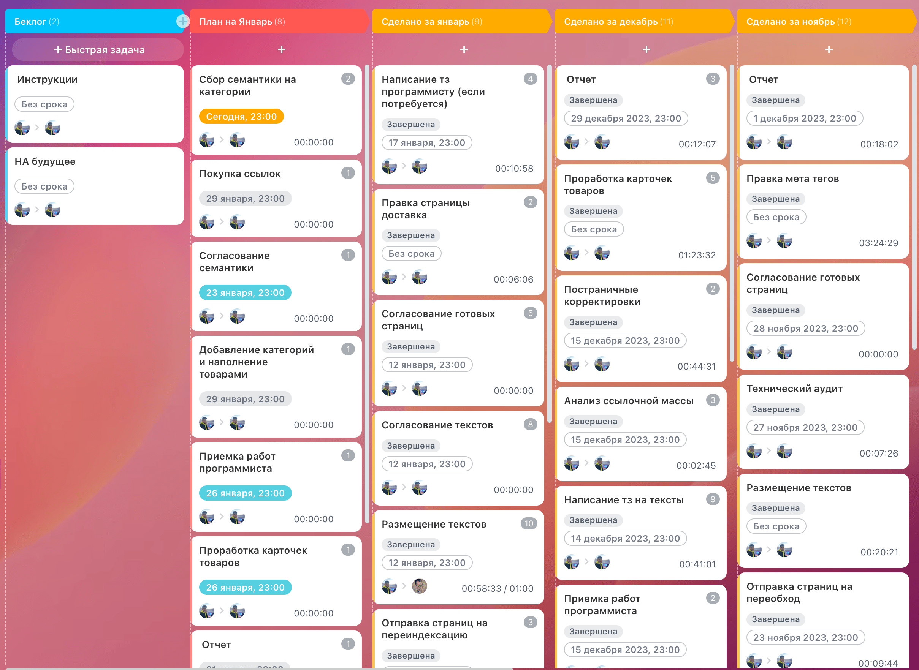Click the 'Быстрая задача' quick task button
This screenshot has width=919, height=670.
coord(98,49)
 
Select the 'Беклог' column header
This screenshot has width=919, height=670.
coord(36,22)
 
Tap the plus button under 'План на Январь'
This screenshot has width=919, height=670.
coord(281,49)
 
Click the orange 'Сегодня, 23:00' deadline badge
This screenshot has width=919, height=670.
coord(241,116)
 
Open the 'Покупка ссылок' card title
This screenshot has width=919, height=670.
coord(240,174)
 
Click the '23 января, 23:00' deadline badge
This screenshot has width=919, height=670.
coord(245,292)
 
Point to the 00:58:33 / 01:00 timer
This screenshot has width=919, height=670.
coord(497,588)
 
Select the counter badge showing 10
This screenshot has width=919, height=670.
coord(529,524)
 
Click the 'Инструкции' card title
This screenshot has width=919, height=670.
coord(47,79)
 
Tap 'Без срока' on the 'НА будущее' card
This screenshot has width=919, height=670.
coord(44,186)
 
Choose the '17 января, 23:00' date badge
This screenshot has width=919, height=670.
coord(426,143)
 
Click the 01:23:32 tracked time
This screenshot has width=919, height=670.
coord(697,255)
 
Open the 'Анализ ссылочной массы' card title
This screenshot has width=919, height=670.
coord(629,401)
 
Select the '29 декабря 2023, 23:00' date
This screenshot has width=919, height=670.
coord(626,119)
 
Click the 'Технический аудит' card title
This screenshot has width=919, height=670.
coord(794,389)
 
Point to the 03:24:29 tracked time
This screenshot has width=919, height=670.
coord(878,243)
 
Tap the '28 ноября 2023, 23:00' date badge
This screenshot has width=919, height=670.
coord(805,329)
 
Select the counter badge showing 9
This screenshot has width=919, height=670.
coord(713,499)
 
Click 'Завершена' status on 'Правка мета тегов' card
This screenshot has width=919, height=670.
coord(775,199)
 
